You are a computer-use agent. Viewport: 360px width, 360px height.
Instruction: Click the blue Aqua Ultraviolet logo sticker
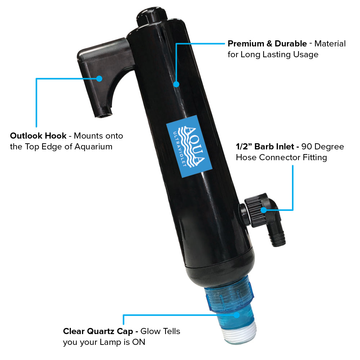point(189,147)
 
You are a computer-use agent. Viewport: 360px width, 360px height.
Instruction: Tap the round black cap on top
point(152,17)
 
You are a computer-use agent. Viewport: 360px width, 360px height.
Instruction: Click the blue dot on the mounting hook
point(99,78)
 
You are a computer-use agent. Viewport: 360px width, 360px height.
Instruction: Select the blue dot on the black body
point(176,84)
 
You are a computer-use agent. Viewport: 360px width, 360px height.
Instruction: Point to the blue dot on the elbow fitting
point(264,210)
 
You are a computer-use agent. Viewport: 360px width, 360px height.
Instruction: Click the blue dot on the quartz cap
point(237,315)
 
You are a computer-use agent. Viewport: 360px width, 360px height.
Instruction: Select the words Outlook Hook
point(38,136)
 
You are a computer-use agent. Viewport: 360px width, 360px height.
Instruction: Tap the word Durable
point(291,44)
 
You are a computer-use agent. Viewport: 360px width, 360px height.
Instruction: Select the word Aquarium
point(94,147)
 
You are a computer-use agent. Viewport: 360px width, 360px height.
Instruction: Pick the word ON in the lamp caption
point(139,342)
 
